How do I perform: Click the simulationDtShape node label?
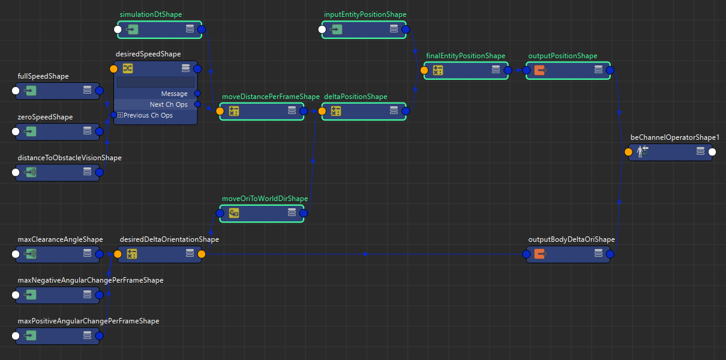point(151,14)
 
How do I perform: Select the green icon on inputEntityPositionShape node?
point(337,29)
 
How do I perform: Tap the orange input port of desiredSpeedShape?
point(114,69)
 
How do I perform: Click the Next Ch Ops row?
point(169,104)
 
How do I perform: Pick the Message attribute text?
point(174,94)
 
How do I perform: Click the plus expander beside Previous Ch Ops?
point(120,115)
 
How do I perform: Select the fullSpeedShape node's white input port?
point(16,91)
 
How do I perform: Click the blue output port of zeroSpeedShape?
point(99,131)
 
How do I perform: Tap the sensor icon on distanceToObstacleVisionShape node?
point(31,172)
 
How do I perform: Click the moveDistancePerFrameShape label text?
point(271,97)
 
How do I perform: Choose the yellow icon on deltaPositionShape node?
point(336,111)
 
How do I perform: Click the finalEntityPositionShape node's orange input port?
point(424,70)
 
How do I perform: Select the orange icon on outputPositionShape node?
point(540,70)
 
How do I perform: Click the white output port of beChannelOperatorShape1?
point(712,152)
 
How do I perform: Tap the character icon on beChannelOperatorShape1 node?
point(643,152)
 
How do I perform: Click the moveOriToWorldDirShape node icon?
point(234,213)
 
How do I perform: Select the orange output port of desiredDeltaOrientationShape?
point(202,254)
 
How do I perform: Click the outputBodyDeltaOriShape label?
point(571,239)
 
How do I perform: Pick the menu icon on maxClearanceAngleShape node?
point(87,254)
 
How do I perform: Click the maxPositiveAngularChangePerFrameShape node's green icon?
point(31,335)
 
